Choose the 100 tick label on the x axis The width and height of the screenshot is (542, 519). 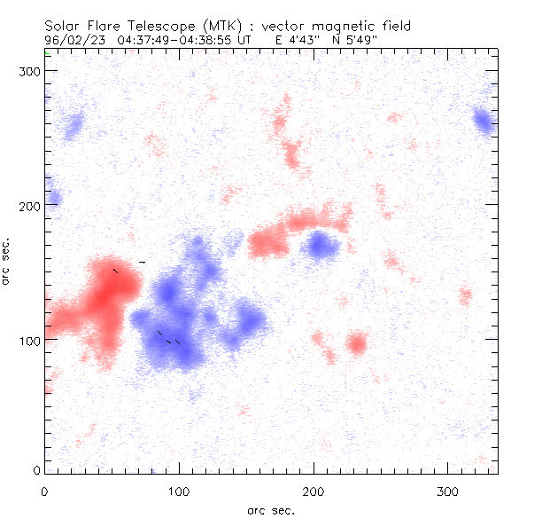point(179,491)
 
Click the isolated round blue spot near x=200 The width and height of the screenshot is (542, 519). point(320,245)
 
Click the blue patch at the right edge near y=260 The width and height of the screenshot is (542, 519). point(484,122)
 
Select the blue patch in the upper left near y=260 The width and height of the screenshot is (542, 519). point(72,126)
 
